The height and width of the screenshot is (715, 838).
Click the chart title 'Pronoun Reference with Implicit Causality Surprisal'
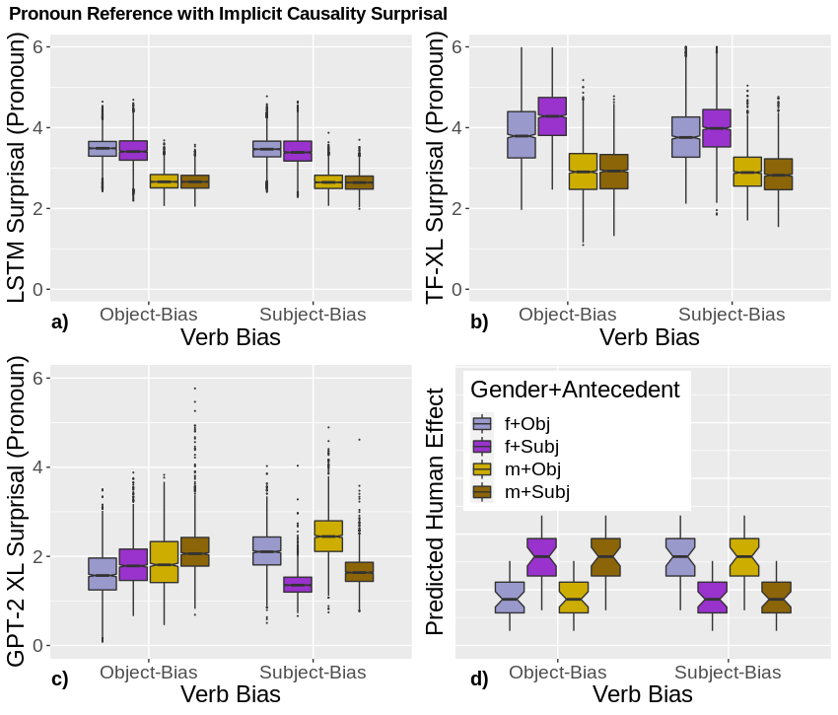pyautogui.click(x=228, y=14)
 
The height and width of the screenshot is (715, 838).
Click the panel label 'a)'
pyautogui.click(x=60, y=322)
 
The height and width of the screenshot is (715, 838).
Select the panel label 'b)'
pyautogui.click(x=479, y=322)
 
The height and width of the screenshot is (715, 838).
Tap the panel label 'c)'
pyautogui.click(x=59, y=679)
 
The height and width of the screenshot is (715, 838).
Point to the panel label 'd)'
pyautogui.click(x=479, y=679)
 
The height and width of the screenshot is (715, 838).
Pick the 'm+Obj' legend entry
pyautogui.click(x=528, y=468)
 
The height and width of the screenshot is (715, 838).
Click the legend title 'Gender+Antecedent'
pyautogui.click(x=575, y=390)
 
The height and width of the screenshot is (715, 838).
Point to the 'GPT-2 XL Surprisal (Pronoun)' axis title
pyautogui.click(x=17, y=511)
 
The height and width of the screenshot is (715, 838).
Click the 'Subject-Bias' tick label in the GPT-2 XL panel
pyautogui.click(x=314, y=673)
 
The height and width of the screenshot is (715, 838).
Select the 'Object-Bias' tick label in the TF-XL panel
pyautogui.click(x=567, y=315)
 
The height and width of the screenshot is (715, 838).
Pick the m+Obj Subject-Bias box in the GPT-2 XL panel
pyautogui.click(x=328, y=536)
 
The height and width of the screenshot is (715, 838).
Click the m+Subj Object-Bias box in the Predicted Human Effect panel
pyautogui.click(x=604, y=558)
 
